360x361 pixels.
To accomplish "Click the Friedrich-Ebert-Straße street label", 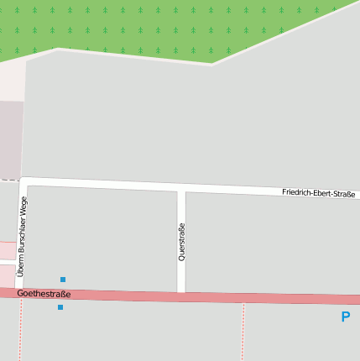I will click(318, 194).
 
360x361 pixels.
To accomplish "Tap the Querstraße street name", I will click(181, 242).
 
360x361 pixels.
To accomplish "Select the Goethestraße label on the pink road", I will click(44, 294).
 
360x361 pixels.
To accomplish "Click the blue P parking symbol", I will click(345, 317).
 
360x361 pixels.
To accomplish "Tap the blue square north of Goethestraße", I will click(63, 280).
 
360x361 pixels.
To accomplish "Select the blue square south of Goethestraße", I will click(60, 307).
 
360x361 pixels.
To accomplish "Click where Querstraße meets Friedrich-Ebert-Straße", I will click(181, 187).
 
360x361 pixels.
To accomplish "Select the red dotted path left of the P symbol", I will click(243, 332).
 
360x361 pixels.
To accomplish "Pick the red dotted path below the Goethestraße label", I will click(20, 332).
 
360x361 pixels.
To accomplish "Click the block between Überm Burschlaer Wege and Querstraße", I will click(101, 239).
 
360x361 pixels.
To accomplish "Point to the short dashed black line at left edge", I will click(8, 180).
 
